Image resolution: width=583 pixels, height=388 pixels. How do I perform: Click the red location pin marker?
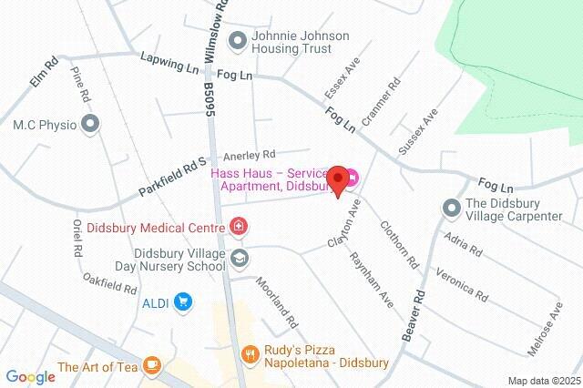tap(338, 180)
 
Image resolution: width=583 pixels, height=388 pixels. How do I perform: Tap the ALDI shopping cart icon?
tap(184, 301)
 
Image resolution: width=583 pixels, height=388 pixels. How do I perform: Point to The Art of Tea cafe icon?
tap(151, 366)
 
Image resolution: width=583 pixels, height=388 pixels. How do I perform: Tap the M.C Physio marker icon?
tap(89, 124)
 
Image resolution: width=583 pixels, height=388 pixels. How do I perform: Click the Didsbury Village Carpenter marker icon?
tap(452, 209)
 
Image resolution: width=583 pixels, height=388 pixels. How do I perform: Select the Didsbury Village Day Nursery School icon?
tap(239, 257)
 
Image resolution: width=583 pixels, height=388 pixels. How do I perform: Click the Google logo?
tap(30, 377)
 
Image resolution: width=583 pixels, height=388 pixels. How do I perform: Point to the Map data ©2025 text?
tap(544, 381)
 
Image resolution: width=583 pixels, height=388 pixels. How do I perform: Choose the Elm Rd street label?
tap(43, 73)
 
